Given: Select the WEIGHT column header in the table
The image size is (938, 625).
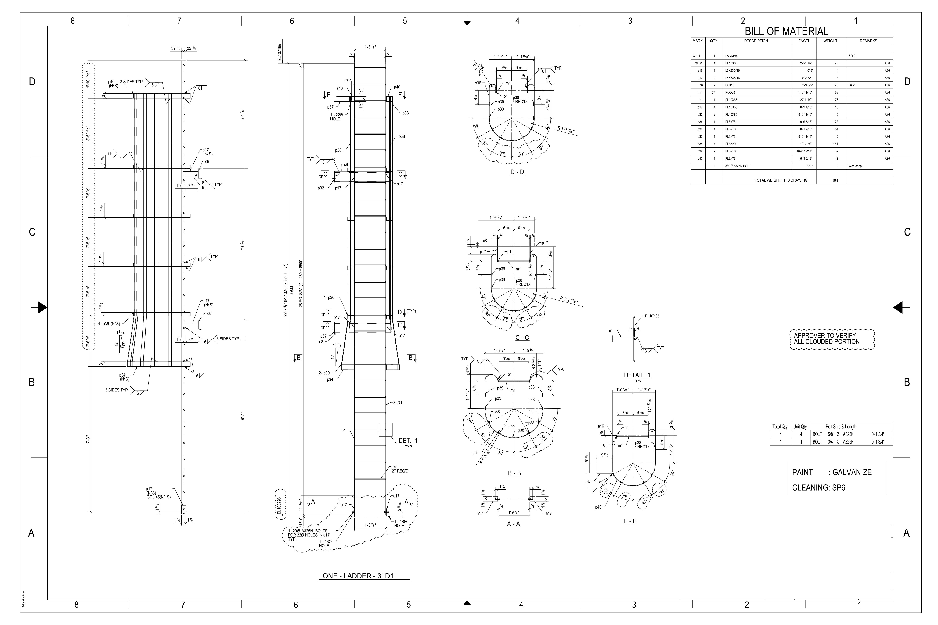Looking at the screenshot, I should (x=830, y=41).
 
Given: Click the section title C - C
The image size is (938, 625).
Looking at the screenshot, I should (x=522, y=338).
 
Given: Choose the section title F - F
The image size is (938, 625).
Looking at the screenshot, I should (x=630, y=521).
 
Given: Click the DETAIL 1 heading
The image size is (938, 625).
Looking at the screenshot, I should (x=637, y=375).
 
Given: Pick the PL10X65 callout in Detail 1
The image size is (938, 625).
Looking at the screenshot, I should (x=652, y=316).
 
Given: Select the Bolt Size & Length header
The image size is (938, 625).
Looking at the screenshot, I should (x=841, y=427).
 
